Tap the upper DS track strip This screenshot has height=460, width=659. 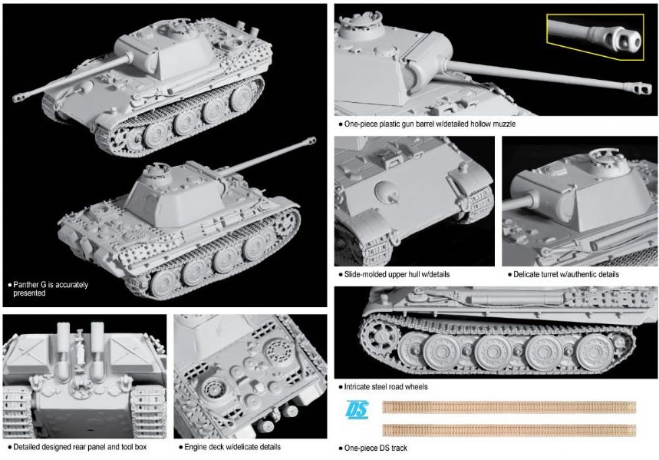[x=509, y=408]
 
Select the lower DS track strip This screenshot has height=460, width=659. [x=509, y=429]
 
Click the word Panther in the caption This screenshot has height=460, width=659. [x=28, y=284]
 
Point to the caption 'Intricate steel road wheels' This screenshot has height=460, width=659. [x=383, y=386]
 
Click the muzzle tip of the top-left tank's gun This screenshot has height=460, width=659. [x=18, y=98]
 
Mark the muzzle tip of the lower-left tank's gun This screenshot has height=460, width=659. [x=311, y=141]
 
